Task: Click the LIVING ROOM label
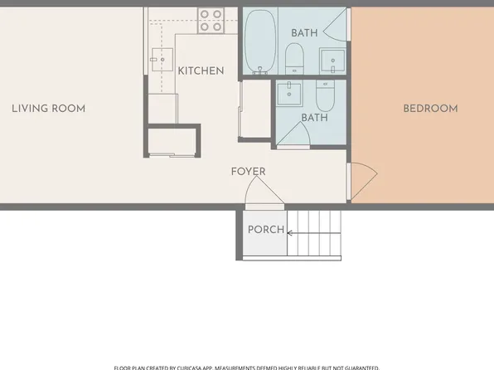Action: click(48, 109)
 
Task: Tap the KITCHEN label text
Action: click(201, 71)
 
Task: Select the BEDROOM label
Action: click(430, 109)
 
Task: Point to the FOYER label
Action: click(248, 172)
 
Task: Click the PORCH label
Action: click(266, 230)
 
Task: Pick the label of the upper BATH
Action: click(304, 32)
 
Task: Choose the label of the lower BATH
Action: click(314, 118)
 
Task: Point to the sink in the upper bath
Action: click(333, 61)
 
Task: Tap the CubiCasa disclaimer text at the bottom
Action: click(246, 367)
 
